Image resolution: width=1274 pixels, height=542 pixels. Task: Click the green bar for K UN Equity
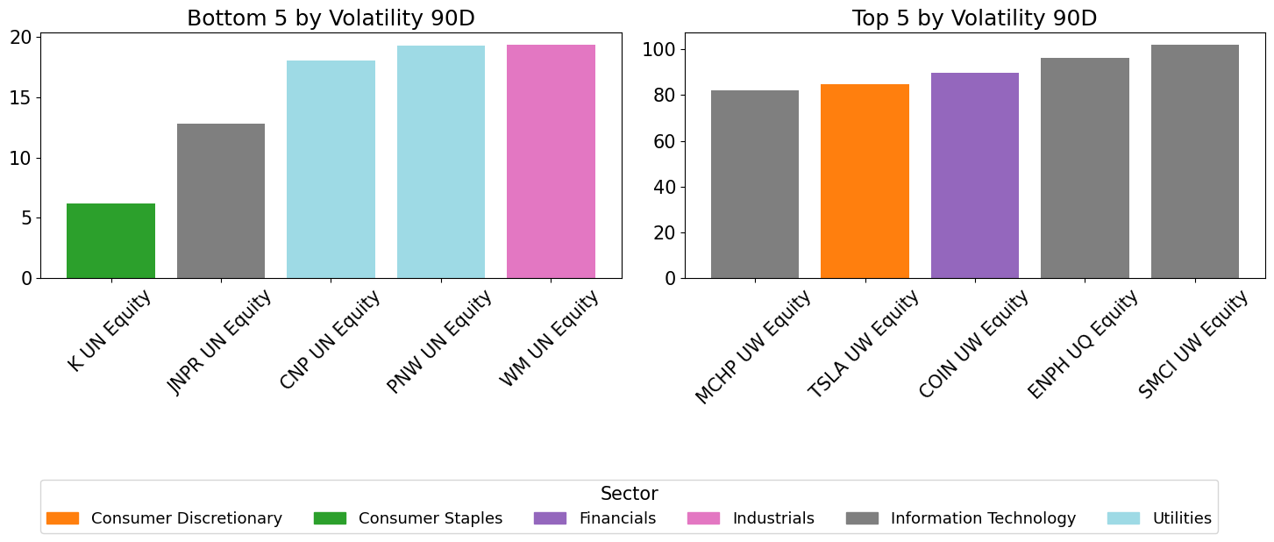[110, 240]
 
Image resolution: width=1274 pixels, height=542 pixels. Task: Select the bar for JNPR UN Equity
[221, 201]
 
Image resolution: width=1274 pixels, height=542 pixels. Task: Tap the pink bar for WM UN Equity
[551, 161]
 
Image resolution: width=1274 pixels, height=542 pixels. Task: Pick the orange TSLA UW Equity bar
[865, 181]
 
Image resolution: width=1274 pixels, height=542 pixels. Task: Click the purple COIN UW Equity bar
[974, 175]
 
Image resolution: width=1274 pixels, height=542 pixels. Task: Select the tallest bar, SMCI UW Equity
[1194, 161]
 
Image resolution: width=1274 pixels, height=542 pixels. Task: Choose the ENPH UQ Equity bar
[1085, 168]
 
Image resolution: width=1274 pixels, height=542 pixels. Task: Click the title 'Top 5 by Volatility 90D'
[974, 18]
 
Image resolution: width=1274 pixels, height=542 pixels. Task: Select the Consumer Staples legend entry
[409, 518]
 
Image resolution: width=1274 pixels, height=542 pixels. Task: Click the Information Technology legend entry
[961, 518]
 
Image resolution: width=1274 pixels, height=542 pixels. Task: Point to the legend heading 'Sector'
[629, 494]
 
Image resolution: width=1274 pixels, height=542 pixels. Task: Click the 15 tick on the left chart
[21, 97]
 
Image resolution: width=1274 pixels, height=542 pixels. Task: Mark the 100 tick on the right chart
[658, 49]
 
